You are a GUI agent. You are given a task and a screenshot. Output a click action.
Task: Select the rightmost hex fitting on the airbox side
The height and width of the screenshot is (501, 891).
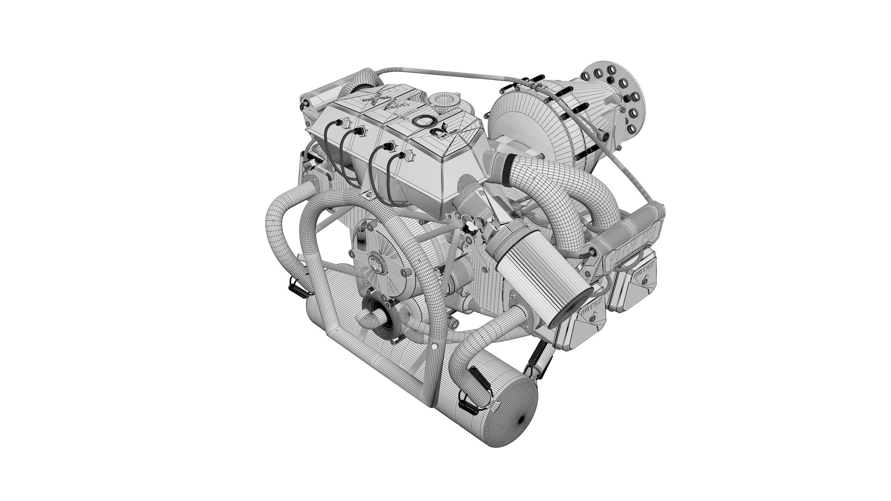point(409,156)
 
